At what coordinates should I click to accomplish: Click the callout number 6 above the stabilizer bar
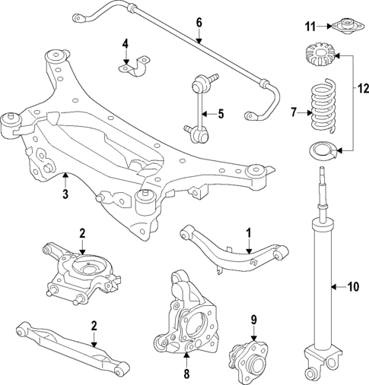pos(199,22)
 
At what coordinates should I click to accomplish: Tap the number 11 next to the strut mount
pos(310,27)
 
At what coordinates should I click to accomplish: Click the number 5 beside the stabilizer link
pos(221,114)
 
